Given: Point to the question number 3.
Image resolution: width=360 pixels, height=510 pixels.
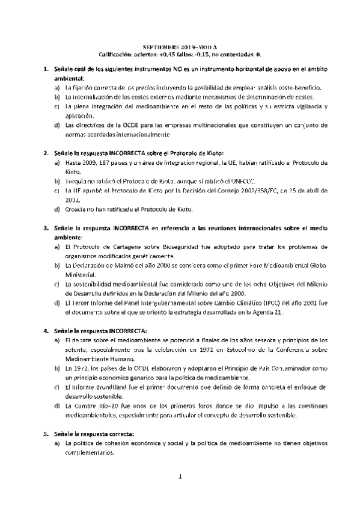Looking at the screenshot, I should click(47, 229).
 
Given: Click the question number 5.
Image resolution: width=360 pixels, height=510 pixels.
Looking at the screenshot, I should click(47, 434).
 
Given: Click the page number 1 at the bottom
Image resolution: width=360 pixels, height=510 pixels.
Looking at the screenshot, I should click(180, 477).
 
